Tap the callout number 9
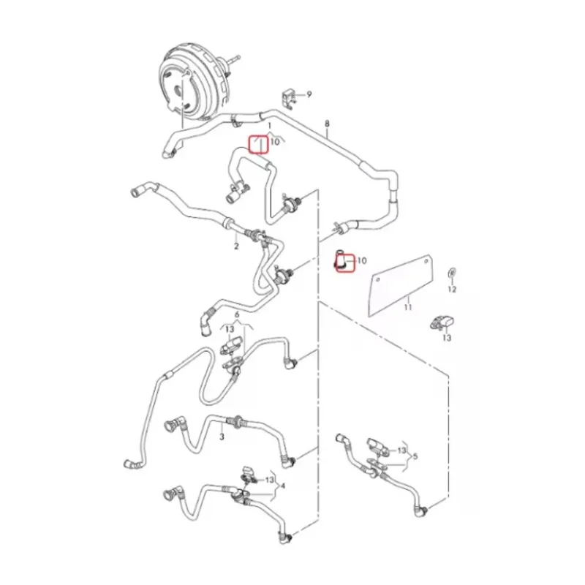pos(309,95)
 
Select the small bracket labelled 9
pos(288,98)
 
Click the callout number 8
pos(327,124)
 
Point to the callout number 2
pos(236,246)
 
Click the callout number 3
pos(222,436)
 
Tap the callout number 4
pos(283,486)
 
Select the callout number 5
pos(415,456)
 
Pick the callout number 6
pos(237,315)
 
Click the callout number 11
pos(408,307)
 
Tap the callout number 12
pos(452,289)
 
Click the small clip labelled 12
pos(452,273)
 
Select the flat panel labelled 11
pos(401,285)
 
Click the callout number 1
pos(270,127)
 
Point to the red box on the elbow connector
pos(344,263)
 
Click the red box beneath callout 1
pos(259,145)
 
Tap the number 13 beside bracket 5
pos(401,450)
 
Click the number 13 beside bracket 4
pos(269,480)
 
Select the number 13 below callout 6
pos(230,329)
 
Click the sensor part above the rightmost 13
pos(443,322)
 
